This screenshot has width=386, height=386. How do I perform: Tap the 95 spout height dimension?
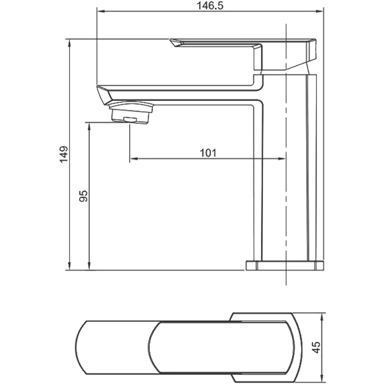coord(83,195)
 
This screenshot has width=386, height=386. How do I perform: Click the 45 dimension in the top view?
coord(316,347)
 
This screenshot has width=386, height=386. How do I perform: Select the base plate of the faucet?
coord(285,265)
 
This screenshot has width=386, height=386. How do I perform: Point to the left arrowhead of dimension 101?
coord(133,158)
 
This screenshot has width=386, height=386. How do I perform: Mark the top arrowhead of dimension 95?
coord(89,125)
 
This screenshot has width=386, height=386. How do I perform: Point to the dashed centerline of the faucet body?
coord(286,193)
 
